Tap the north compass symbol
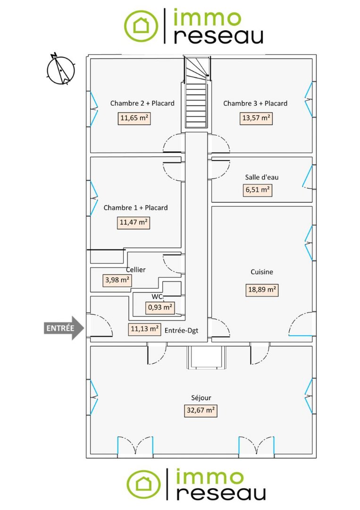61,69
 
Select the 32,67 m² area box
201,410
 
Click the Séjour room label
201,398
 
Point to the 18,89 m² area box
261,289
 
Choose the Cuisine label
261,272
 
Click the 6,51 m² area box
257,190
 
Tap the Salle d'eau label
261,177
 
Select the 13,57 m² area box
256,118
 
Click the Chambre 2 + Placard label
142,103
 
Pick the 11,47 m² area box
134,222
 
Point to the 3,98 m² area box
117,280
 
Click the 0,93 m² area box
160,307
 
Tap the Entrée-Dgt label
181,331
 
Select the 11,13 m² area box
144,329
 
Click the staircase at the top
196,93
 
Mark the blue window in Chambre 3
309,99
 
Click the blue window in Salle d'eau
308,177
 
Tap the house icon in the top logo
141,25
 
